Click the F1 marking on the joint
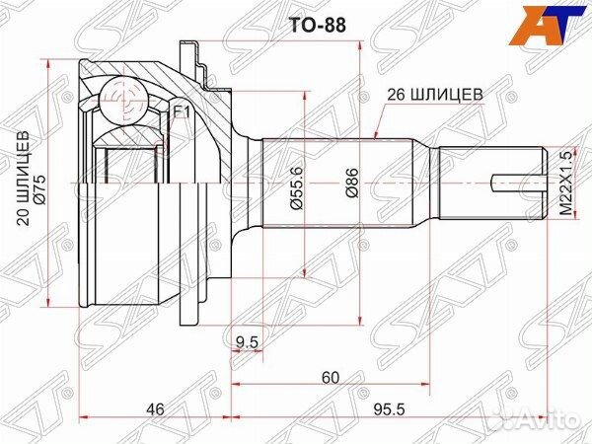181,112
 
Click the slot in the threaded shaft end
515,180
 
